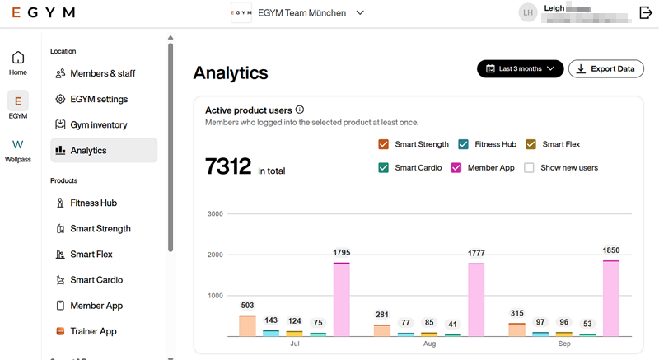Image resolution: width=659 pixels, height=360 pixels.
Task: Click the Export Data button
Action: (606, 69)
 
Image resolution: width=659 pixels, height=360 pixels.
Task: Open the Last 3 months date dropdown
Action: (520, 69)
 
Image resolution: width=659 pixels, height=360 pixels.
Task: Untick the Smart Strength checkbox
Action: (384, 144)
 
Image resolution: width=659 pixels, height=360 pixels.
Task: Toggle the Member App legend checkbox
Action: (457, 168)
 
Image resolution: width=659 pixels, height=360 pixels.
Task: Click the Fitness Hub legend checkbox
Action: (464, 144)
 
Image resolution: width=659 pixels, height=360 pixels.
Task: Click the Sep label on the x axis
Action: (564, 344)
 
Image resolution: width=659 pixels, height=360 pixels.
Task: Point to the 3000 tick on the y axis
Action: (215, 214)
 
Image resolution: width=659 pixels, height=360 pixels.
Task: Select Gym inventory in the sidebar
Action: (98, 125)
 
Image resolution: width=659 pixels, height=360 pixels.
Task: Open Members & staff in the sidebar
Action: (102, 73)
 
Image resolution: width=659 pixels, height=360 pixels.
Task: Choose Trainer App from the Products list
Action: (92, 331)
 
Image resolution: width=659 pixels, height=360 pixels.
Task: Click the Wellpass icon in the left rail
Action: (17, 145)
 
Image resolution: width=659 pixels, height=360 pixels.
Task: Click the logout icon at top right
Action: (645, 12)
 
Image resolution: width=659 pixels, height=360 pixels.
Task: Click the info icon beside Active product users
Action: (300, 110)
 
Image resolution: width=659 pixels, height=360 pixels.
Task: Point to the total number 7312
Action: (227, 167)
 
